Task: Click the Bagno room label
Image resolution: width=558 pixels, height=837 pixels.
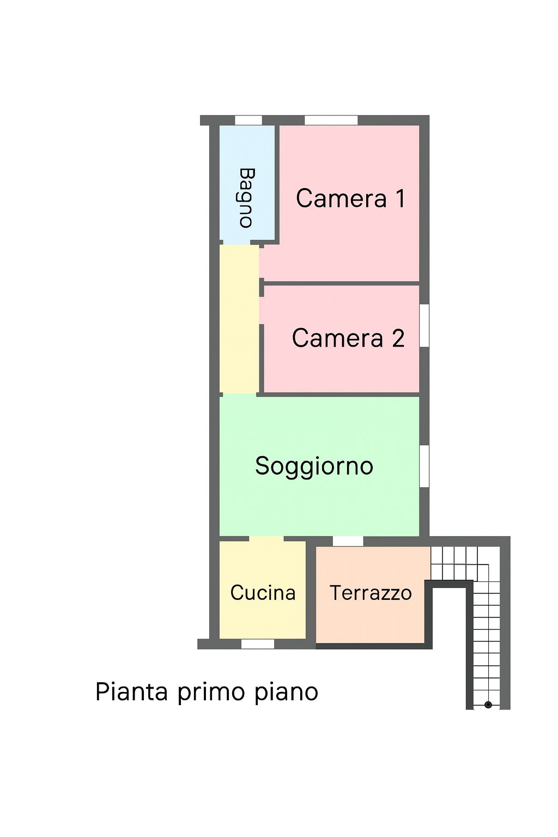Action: click(247, 197)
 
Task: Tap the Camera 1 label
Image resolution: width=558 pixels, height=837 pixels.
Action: click(350, 198)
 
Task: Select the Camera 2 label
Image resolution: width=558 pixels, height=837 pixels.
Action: click(348, 338)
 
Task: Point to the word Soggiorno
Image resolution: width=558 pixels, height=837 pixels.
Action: click(314, 466)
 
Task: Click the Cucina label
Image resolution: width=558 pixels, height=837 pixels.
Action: click(263, 593)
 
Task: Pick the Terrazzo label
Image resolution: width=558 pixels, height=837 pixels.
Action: click(371, 593)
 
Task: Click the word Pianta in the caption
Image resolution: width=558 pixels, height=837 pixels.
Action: click(131, 692)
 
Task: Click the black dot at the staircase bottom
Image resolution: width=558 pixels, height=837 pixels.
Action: click(488, 705)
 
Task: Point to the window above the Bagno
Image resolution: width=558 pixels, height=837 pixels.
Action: click(248, 120)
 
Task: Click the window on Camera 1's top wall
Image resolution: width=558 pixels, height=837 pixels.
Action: click(331, 120)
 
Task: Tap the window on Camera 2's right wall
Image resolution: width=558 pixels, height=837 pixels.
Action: click(424, 325)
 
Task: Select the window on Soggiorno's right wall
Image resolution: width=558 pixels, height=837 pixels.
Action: click(424, 466)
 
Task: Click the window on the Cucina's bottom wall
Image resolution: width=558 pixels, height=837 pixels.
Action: click(258, 644)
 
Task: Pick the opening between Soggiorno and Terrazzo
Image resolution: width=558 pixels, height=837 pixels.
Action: click(348, 541)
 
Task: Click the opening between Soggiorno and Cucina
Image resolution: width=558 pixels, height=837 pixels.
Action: click(266, 539)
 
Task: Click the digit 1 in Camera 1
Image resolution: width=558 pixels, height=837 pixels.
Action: click(401, 198)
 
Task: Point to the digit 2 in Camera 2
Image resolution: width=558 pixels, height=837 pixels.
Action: click(398, 338)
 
